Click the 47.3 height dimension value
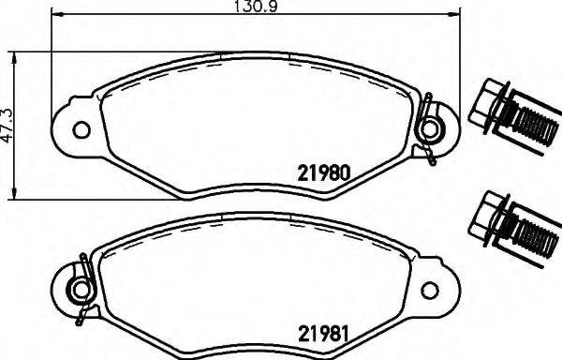tap(7, 125)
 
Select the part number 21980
tap(324, 173)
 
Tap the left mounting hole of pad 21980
tap(81, 129)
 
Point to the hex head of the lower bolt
tap(489, 215)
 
